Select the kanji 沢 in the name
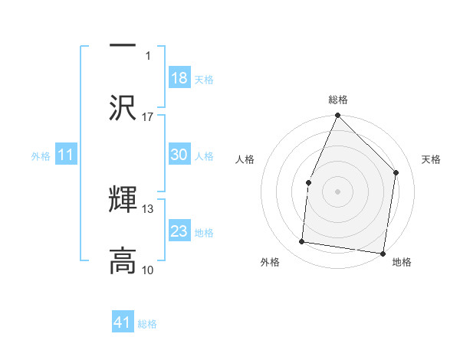tap(123, 106)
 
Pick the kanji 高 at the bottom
tap(123, 260)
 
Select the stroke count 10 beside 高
tap(148, 270)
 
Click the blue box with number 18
tap(179, 78)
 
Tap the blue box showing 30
tap(179, 155)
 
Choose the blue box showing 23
tap(179, 231)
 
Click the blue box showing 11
tap(66, 155)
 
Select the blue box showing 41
tap(123, 323)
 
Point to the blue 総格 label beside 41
tap(147, 324)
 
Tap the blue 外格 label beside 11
tap(41, 156)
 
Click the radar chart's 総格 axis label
tap(338, 100)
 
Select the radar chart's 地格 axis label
tap(402, 263)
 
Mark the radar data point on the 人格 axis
tap(308, 182)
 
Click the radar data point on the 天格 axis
tap(396, 172)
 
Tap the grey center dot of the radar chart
tap(337, 191)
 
